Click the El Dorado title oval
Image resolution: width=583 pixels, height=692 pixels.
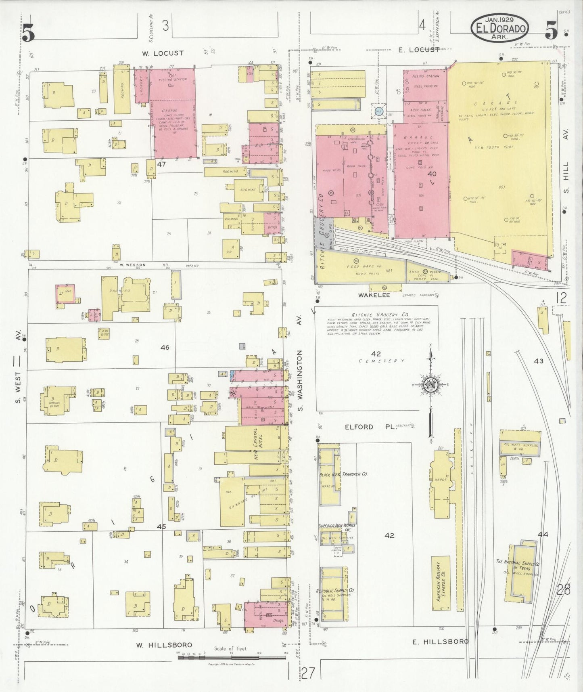(500, 27)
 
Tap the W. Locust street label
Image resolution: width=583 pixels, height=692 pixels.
(163, 53)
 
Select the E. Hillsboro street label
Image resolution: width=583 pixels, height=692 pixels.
(440, 641)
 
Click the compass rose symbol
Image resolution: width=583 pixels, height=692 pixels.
(431, 384)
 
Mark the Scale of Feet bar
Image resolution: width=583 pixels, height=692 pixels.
(232, 658)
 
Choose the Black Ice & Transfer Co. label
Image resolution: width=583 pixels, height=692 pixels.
(343, 474)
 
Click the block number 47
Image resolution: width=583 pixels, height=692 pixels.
(162, 164)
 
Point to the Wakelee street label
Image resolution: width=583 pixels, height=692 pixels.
(374, 295)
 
